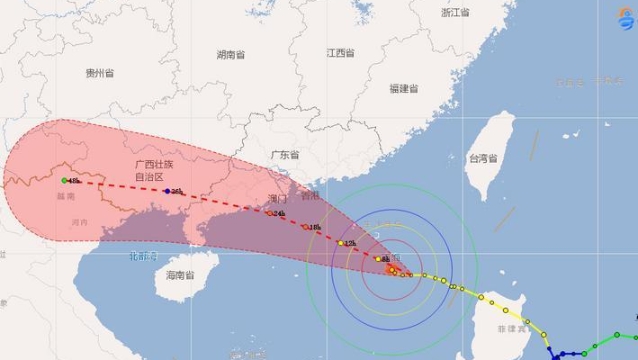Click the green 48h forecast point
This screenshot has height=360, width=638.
(64, 181)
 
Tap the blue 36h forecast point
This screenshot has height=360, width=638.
(167, 191)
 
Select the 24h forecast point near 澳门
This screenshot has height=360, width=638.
(269, 213)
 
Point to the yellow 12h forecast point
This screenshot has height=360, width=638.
(341, 243)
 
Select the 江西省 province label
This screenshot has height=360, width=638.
(340, 52)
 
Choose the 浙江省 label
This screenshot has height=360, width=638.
(456, 12)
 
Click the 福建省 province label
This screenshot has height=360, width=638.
(405, 88)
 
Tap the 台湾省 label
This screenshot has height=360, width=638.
(483, 159)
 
